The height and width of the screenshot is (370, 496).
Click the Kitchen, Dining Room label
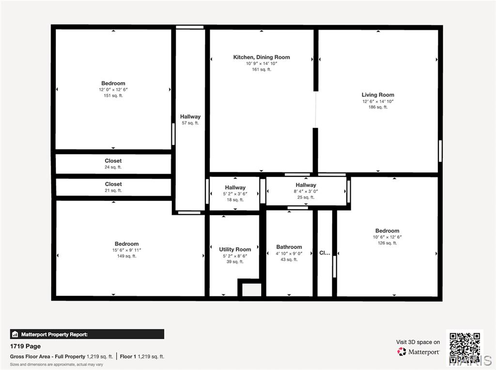pos(262,57)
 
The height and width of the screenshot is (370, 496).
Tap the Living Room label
pos(378,95)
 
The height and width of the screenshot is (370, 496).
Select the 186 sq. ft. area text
pos(378,108)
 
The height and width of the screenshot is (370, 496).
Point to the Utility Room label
pos(235,249)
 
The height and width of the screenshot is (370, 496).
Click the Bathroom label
pos(289,247)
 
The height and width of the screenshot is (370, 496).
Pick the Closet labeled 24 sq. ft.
pos(113,161)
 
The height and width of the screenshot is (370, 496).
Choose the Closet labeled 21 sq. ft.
pos(113,184)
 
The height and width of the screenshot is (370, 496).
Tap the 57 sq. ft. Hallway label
pos(190,117)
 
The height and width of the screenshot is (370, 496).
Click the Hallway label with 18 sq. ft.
pos(235,187)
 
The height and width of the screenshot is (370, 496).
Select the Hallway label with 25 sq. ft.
pos(306,185)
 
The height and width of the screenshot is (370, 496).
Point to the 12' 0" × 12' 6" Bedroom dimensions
pos(113,90)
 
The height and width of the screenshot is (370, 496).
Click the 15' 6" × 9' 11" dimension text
pos(127,250)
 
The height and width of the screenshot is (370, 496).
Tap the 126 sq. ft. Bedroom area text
pos(387,243)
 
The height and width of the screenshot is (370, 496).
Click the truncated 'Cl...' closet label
pos(325,253)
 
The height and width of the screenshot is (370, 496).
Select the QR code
pos(465,347)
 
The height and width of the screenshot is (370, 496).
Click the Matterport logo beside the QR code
pos(418,352)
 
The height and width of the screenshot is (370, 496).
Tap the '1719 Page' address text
pos(26,346)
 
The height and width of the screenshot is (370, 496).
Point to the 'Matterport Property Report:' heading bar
pos(87,334)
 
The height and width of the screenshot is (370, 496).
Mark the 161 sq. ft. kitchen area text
pos(262,70)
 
